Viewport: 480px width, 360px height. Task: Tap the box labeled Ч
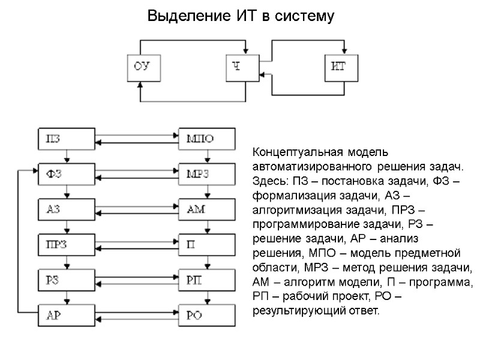click(x=242, y=67)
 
